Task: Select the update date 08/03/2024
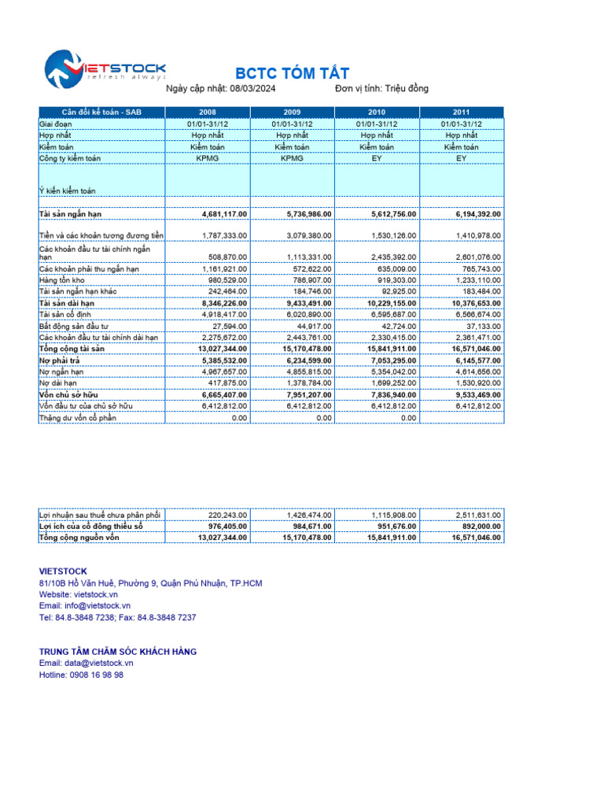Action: [252, 88]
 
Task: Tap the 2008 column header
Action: [207, 112]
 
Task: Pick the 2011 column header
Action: [461, 112]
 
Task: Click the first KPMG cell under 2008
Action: [207, 157]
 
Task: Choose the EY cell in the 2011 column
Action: [461, 157]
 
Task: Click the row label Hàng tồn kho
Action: [63, 280]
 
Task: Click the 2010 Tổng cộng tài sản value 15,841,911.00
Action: [392, 349]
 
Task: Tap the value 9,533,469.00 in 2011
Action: [477, 394]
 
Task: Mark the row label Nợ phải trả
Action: [60, 360]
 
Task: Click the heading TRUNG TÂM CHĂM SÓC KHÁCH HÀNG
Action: [118, 652]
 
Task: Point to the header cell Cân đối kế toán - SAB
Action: [101, 112]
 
